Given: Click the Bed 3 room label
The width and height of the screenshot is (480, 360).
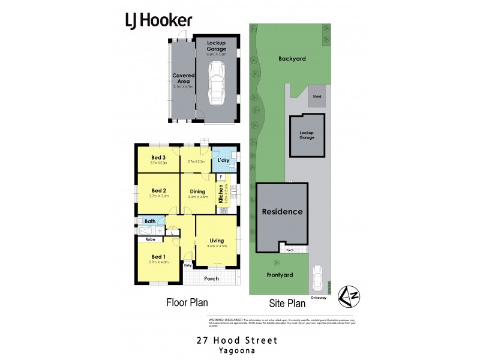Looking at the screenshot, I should pos(158,158).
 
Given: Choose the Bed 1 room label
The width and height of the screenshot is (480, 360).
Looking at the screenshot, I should pos(158,257).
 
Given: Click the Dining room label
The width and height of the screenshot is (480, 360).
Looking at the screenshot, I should pos(197,192).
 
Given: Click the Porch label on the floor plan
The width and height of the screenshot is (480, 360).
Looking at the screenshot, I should pos(211,278).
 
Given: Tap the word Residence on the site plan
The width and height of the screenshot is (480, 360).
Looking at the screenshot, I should pos(282,212).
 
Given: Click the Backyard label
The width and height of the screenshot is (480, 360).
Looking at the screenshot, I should pos(292,59).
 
